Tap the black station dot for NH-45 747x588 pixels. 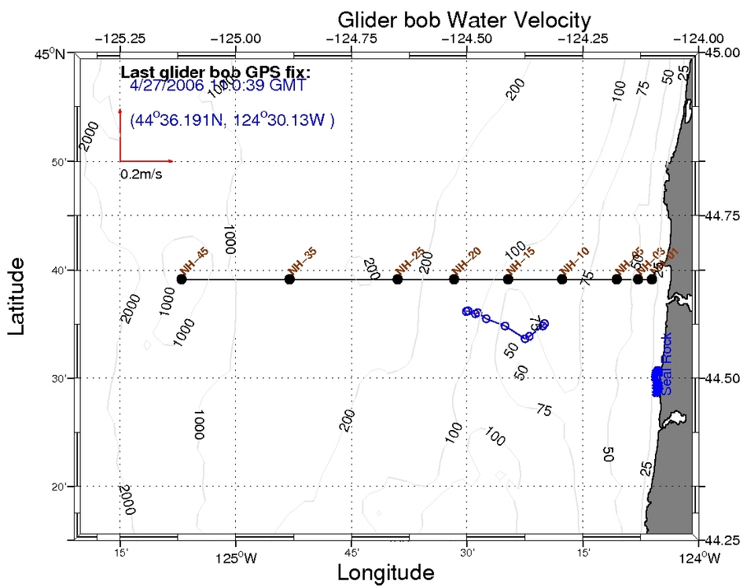pyautogui.click(x=182, y=279)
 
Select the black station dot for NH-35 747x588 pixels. pyautogui.click(x=289, y=279)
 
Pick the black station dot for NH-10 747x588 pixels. pyautogui.click(x=561, y=279)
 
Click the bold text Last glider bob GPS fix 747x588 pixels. pyautogui.click(x=215, y=73)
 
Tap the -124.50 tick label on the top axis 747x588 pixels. pyautogui.click(x=467, y=37)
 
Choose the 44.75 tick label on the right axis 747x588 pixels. pyautogui.click(x=724, y=215)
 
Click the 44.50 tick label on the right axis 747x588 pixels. pyautogui.click(x=724, y=378)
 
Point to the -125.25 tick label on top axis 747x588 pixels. pyautogui.click(x=120, y=37)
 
